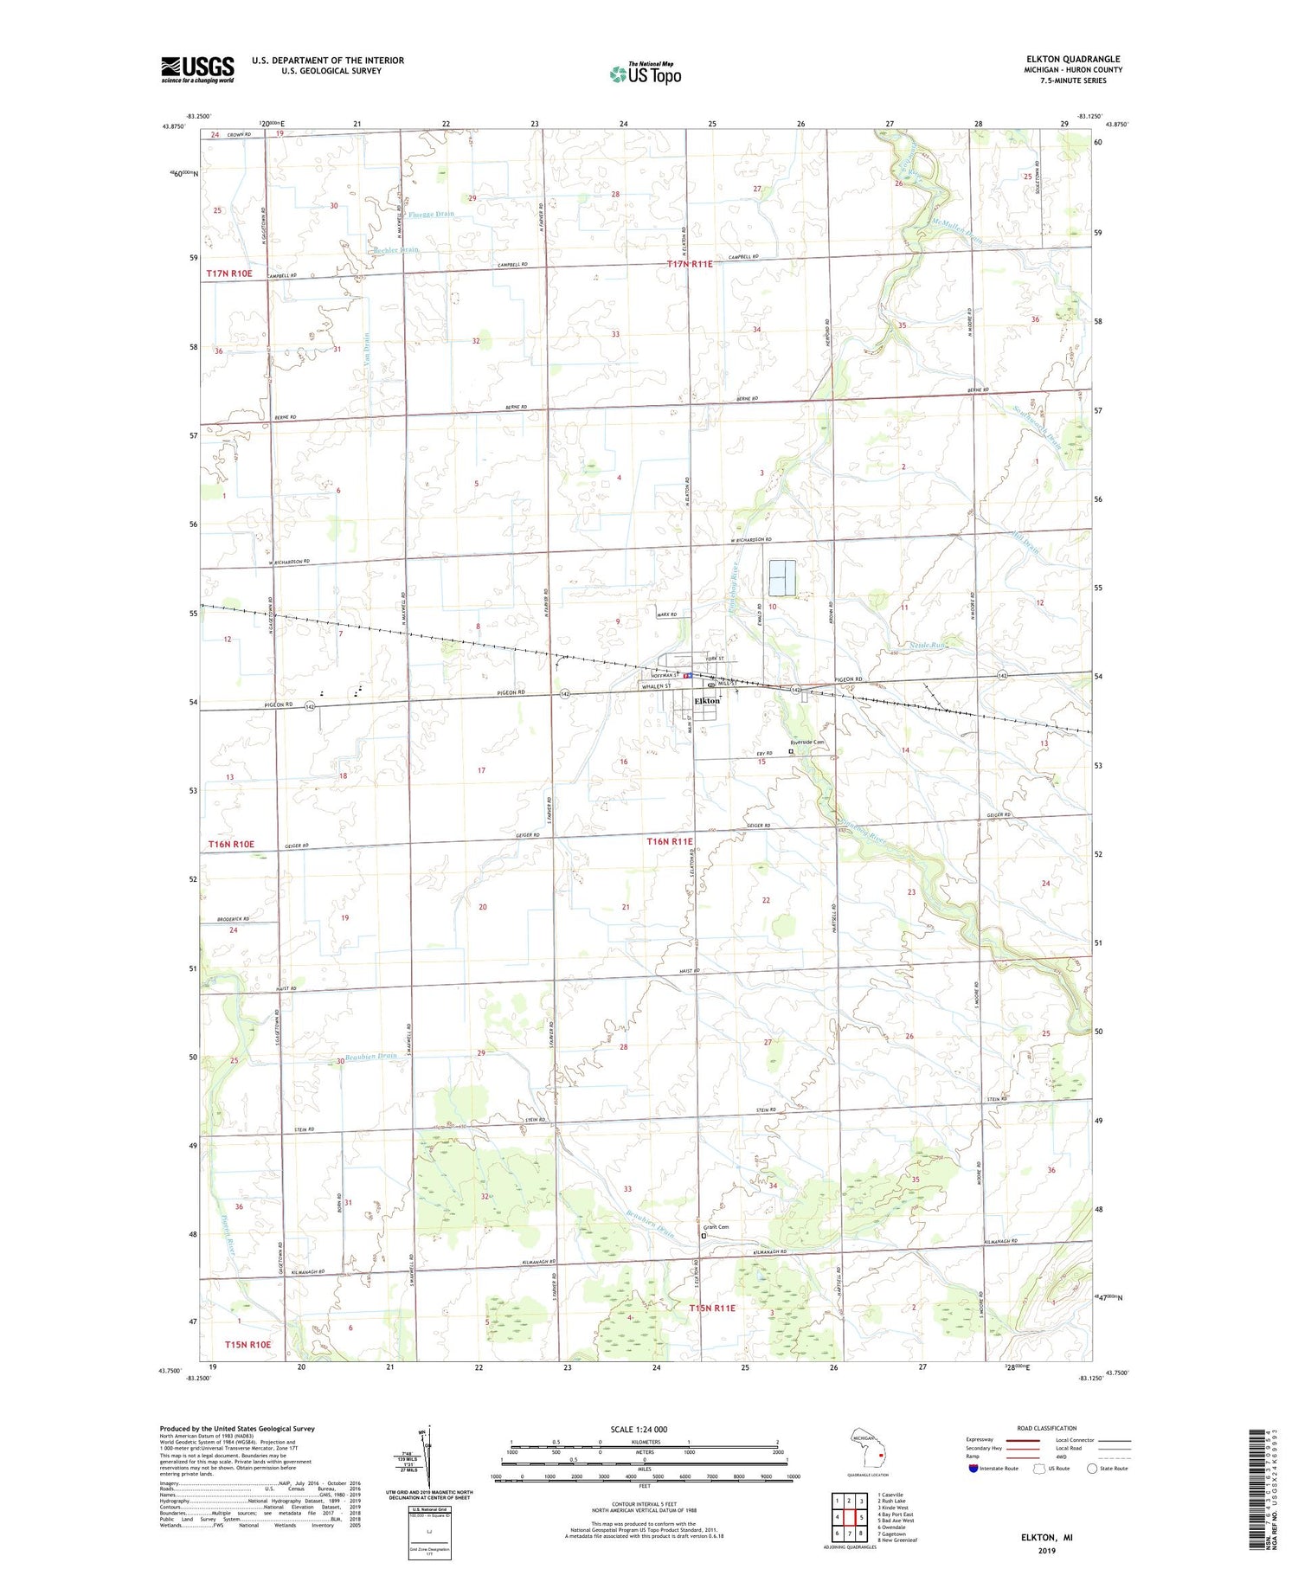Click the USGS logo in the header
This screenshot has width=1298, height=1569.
click(197, 69)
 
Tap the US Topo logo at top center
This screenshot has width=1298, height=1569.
click(646, 74)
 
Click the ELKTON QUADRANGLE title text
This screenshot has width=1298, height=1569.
click(1073, 59)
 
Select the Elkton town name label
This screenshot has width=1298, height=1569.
click(707, 701)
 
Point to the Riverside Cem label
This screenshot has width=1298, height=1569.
click(807, 743)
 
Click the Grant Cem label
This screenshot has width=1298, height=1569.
click(716, 1227)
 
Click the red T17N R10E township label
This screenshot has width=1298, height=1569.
click(229, 273)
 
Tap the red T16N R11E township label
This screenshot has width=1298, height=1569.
click(670, 841)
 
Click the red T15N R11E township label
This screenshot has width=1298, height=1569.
click(711, 1309)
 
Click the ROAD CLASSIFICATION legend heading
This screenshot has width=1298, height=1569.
click(1047, 1428)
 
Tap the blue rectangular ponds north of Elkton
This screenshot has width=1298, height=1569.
click(782, 577)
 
